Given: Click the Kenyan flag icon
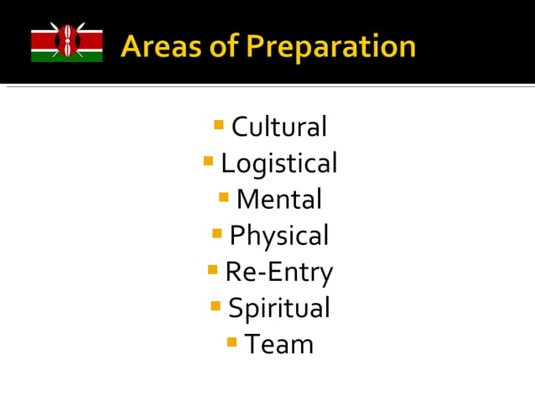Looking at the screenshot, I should point(67,42).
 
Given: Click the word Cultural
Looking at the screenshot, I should point(278,128).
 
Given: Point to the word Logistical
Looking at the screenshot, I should point(278,164).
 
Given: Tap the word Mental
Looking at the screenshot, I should point(278,200).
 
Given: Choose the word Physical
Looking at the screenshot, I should point(278,236).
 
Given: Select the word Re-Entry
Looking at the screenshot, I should point(278,272).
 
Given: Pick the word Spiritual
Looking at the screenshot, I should point(278,308).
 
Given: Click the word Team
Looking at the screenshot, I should point(278,344).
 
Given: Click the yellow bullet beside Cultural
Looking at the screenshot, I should point(219,125).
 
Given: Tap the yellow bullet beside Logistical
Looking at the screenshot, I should point(209,161).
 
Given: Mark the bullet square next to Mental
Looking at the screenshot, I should point(224,197).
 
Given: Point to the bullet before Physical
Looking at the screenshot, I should point(217,233).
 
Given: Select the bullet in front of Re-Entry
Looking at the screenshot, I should point(213,269).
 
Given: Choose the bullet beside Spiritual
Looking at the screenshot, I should point(216,305).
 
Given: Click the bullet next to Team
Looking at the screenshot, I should point(232,341).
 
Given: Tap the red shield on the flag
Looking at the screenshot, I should point(67,42).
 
